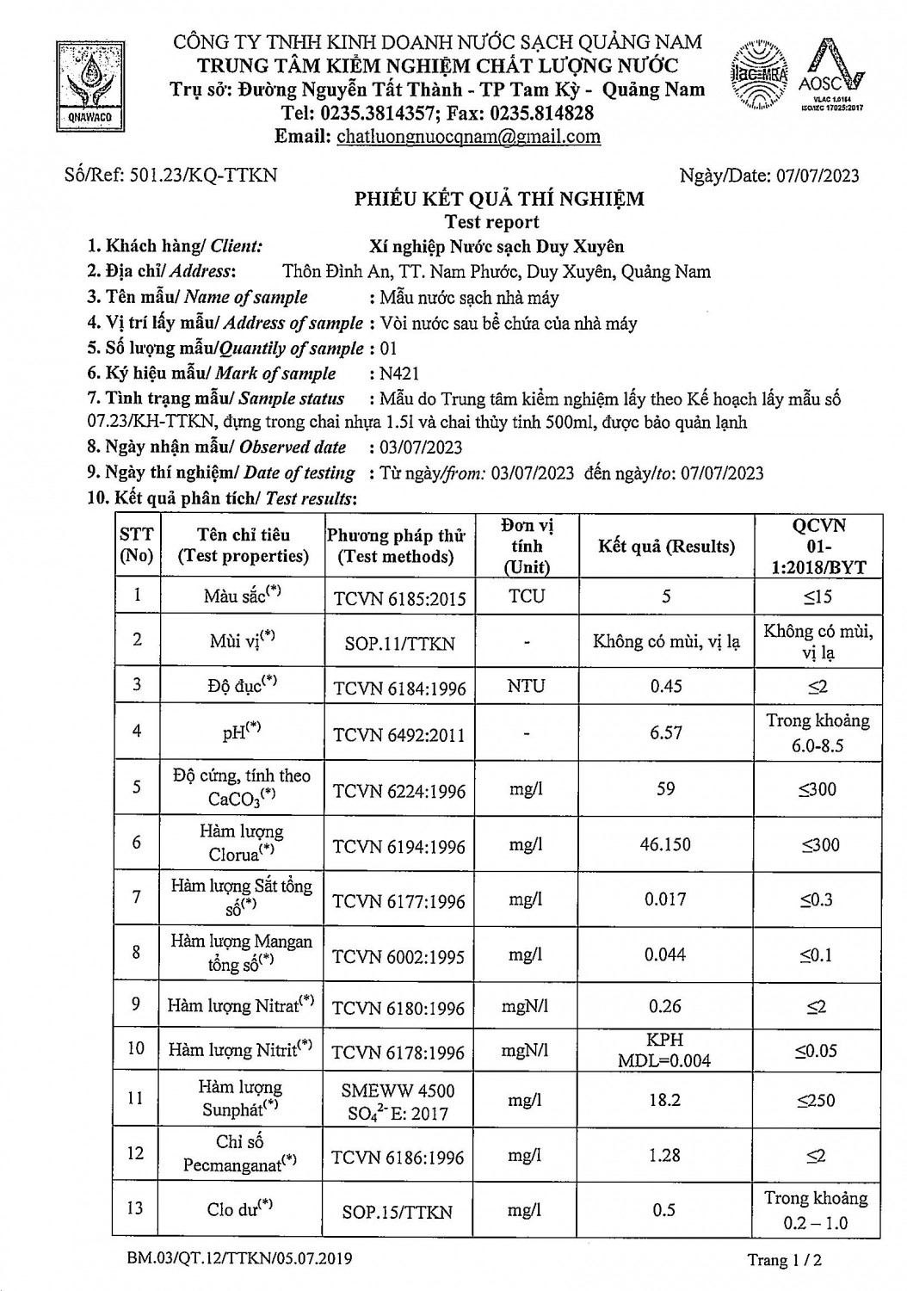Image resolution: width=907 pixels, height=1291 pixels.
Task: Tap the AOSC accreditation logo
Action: tap(829, 77)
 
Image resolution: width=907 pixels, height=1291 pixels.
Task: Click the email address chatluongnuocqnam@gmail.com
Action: tap(468, 136)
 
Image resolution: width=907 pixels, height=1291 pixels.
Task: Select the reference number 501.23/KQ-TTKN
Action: tap(203, 176)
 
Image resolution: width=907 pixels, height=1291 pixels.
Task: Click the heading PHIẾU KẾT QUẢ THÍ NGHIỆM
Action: tap(500, 200)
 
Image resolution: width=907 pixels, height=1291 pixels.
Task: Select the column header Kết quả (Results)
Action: tap(667, 547)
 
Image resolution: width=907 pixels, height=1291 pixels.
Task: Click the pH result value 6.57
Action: tap(666, 732)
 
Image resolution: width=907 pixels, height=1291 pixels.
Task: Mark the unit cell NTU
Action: tap(526, 687)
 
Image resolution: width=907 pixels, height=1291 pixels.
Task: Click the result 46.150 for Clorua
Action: tap(665, 844)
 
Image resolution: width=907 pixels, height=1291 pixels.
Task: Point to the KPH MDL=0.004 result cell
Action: tap(664, 1050)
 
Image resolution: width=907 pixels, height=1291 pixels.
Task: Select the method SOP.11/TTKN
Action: tap(398, 643)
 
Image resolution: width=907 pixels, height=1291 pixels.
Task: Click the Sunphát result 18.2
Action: tap(665, 1101)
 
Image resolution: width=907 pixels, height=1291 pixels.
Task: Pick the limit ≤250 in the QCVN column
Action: tap(815, 1101)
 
